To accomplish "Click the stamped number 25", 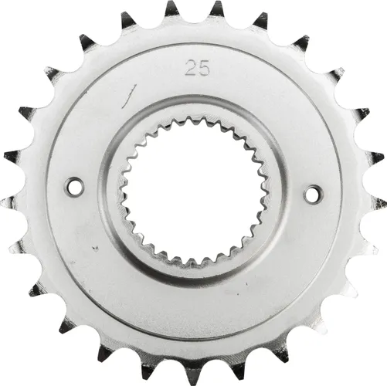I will pyautogui.click(x=195, y=67).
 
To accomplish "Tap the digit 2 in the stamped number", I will pyautogui.click(x=189, y=67).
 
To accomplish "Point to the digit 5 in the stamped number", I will pyautogui.click(x=200, y=67).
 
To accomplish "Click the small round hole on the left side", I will pyautogui.click(x=74, y=186).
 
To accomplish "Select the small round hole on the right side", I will pyautogui.click(x=311, y=194).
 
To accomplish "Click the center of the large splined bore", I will pyautogui.click(x=192, y=190).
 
